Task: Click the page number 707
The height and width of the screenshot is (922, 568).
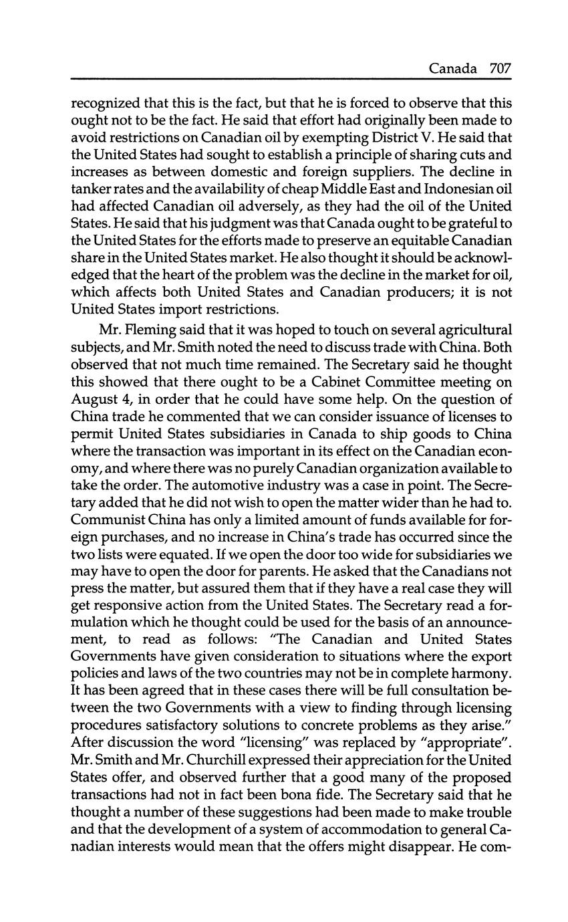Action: (500, 68)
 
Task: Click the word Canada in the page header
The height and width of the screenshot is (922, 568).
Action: (453, 68)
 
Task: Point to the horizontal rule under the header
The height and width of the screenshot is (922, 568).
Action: (291, 80)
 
